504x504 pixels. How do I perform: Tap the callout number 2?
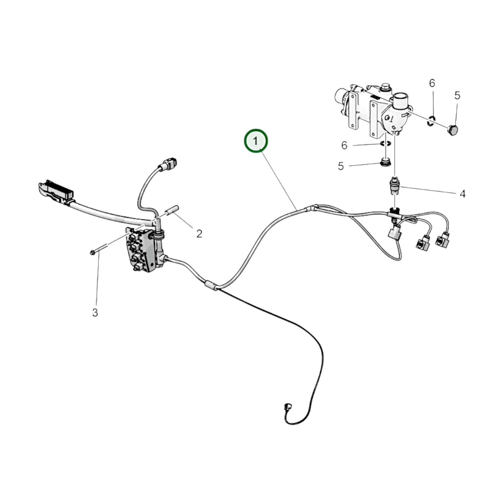[x=199, y=234]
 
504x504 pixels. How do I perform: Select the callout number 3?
[x=95, y=313]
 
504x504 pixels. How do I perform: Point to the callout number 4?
[x=462, y=194]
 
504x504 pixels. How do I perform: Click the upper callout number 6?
[x=432, y=83]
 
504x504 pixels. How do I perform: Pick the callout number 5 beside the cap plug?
[x=457, y=96]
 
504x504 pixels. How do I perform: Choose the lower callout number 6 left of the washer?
[x=344, y=145]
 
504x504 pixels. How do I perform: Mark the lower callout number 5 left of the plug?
[x=341, y=166]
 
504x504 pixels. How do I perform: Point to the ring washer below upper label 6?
[x=431, y=120]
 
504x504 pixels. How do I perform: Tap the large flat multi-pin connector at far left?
[x=56, y=191]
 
